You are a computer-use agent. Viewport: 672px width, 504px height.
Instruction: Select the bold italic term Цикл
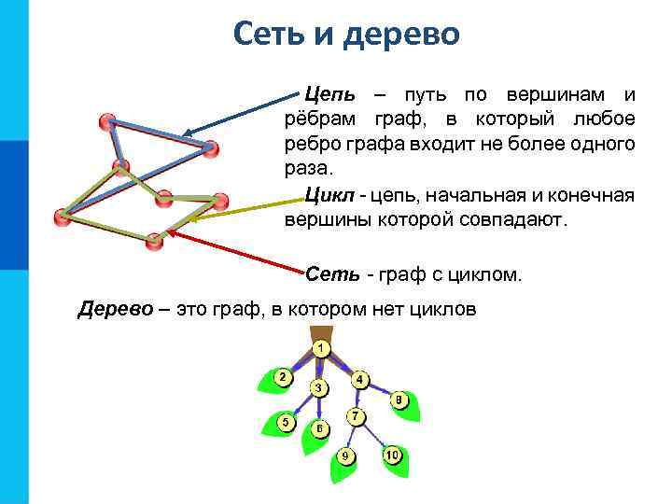coord(329,195)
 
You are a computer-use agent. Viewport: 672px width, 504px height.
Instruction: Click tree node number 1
coord(320,348)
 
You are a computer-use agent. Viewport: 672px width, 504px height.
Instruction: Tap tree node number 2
coord(280,376)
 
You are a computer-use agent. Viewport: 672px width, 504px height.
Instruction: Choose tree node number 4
coord(359,380)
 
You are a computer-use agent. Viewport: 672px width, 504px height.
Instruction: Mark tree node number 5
coord(286,422)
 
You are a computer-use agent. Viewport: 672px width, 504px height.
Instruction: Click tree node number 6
coord(319,428)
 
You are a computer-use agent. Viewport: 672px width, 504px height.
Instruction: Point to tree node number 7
coord(355,414)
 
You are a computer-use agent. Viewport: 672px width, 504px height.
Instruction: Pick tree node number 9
coord(345,455)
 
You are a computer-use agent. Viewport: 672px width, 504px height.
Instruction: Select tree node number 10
coord(392,455)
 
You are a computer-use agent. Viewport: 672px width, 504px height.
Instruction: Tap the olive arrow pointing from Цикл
coord(244,210)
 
